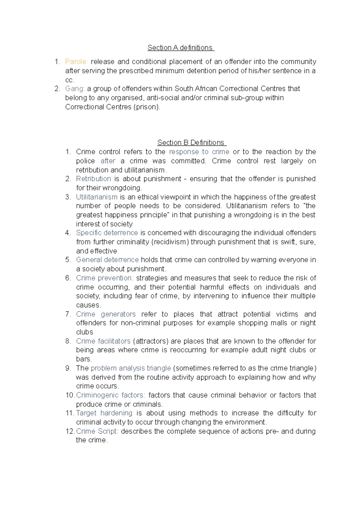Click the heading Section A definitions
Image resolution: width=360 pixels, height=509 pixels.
(180, 48)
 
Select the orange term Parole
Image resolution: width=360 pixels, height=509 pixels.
(76, 62)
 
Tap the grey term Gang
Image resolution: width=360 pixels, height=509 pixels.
(75, 89)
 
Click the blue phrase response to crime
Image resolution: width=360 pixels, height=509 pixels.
(199, 152)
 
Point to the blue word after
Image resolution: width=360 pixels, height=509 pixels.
(108, 161)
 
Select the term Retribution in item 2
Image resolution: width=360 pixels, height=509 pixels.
(93, 179)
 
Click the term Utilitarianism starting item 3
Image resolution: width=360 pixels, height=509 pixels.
(97, 197)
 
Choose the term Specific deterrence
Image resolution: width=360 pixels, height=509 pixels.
(107, 233)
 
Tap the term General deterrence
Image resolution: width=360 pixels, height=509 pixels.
(107, 260)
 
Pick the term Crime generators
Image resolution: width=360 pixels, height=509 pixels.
(106, 314)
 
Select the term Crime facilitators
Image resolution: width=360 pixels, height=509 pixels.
(103, 341)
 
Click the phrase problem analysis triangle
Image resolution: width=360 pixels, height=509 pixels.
(131, 368)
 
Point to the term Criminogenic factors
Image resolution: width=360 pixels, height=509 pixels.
(110, 395)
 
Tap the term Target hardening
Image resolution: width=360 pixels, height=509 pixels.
(104, 413)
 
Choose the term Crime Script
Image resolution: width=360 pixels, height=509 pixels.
(97, 431)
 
